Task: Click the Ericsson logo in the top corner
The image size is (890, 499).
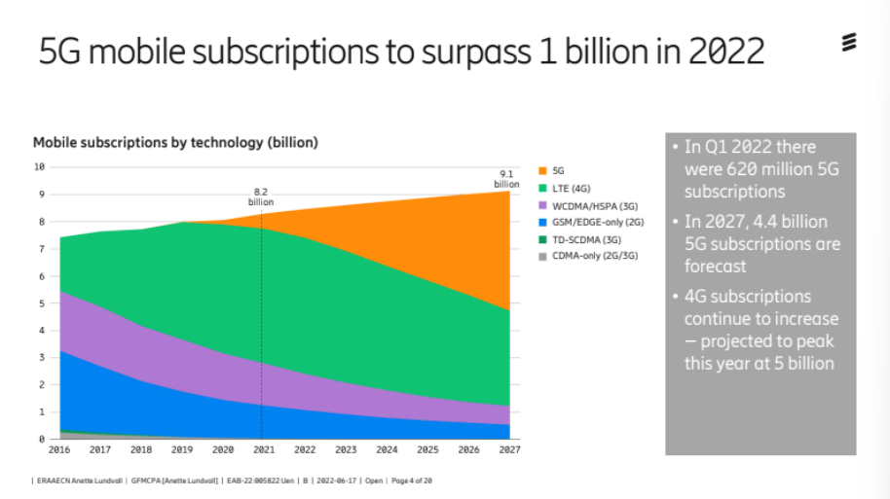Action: pyautogui.click(x=848, y=43)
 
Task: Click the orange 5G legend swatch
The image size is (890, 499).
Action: pyautogui.click(x=542, y=170)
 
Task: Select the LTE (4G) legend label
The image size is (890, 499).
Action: pyautogui.click(x=571, y=189)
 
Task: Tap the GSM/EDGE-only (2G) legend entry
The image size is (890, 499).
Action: pyautogui.click(x=591, y=223)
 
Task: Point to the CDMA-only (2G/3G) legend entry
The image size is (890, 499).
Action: pyautogui.click(x=588, y=256)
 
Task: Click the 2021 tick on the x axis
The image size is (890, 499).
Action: pyautogui.click(x=264, y=449)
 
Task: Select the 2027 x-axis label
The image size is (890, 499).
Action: pyautogui.click(x=509, y=449)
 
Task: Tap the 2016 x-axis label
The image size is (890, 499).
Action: pyautogui.click(x=59, y=449)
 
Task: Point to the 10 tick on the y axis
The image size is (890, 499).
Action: pyautogui.click(x=39, y=166)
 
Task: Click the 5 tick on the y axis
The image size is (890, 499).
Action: pyautogui.click(x=42, y=303)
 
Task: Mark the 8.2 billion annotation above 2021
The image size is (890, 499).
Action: pyautogui.click(x=261, y=197)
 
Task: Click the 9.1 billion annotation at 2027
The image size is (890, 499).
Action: pyautogui.click(x=506, y=179)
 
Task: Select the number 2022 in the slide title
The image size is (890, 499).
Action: pyautogui.click(x=726, y=51)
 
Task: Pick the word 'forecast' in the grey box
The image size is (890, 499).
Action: pyautogui.click(x=715, y=266)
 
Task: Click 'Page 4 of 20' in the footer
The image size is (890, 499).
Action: pyautogui.click(x=412, y=481)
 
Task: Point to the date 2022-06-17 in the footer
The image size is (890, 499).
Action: pyautogui.click(x=336, y=481)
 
